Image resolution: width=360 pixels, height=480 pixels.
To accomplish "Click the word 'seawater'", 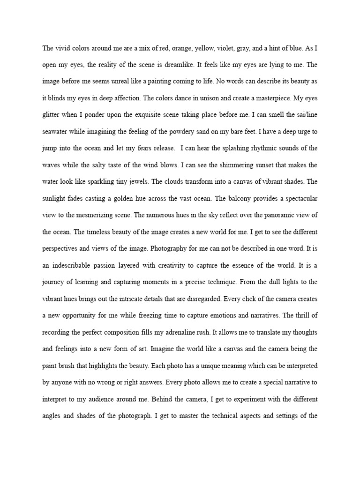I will [x=56, y=131].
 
